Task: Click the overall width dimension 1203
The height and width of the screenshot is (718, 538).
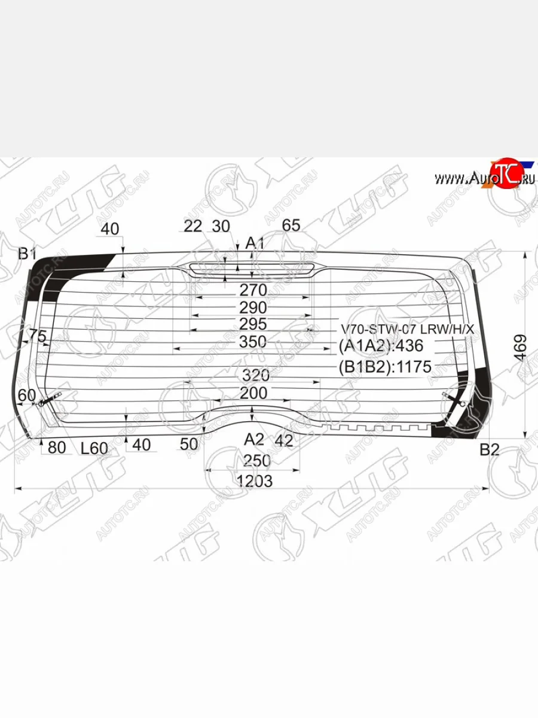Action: tap(254, 480)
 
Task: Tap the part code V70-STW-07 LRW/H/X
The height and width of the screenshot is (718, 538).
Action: tap(406, 329)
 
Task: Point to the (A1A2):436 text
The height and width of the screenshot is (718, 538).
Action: tap(381, 346)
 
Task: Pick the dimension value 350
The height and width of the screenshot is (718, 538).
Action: tap(252, 342)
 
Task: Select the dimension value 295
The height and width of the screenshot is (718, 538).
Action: tap(252, 325)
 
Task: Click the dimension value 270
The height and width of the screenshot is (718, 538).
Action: tap(252, 290)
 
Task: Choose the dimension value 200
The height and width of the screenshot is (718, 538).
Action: tap(253, 393)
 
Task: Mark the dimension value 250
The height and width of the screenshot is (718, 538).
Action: tap(256, 461)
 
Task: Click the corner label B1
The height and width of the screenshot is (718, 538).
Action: tap(27, 253)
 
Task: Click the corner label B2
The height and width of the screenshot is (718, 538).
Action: tap(489, 449)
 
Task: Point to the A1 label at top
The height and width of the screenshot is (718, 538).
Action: tap(255, 242)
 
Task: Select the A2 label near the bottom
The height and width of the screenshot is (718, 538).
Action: tap(253, 439)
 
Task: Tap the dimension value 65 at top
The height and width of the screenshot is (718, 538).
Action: tap(291, 226)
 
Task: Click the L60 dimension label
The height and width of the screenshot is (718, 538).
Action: tap(94, 446)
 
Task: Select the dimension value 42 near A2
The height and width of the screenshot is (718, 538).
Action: tap(285, 441)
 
